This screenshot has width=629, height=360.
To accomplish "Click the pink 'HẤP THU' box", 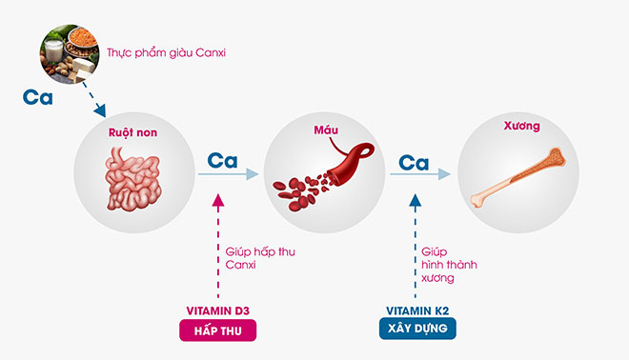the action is (x=220, y=330).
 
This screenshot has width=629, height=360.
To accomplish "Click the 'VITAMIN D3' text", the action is (x=220, y=310).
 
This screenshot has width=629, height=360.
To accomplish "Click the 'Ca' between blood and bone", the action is (x=414, y=162).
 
